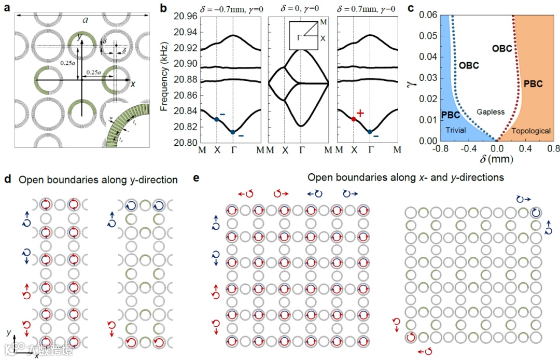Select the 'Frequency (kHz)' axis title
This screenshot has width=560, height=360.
pyautogui.click(x=164, y=79)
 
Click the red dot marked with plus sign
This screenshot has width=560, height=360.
pyautogui.click(x=354, y=119)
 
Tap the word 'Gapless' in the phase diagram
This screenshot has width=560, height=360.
pyautogui.click(x=489, y=112)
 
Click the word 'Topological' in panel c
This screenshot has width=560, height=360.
pyautogui.click(x=531, y=131)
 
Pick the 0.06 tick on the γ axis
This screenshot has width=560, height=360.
pyautogui.click(x=421, y=16)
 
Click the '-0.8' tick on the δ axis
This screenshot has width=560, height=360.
pyautogui.click(x=433, y=149)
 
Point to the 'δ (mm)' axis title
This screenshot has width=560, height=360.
pyautogui.click(x=497, y=158)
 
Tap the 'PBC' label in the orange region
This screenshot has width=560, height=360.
pyautogui.click(x=531, y=84)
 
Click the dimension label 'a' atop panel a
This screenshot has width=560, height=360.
pyautogui.click(x=83, y=19)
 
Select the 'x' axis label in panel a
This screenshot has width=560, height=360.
pyautogui.click(x=134, y=84)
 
